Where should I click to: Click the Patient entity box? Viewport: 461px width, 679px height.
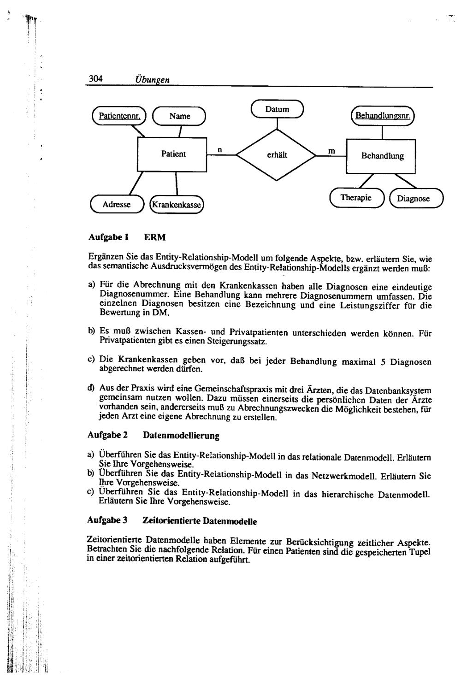tap(173, 154)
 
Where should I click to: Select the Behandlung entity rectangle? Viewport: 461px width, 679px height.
tap(382, 156)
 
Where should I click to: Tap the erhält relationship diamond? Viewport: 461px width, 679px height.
tap(277, 155)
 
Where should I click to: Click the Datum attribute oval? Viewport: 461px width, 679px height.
tap(277, 109)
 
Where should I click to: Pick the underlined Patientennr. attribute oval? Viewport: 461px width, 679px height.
tap(119, 115)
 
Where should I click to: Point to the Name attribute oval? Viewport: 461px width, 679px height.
tap(179, 116)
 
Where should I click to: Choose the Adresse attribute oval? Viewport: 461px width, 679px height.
tap(117, 204)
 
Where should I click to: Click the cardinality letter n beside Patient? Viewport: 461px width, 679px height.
tap(220, 150)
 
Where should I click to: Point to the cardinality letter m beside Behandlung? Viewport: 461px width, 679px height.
tap(331, 151)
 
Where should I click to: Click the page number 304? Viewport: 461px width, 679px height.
tap(95, 78)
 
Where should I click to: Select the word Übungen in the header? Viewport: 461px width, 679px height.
tap(152, 80)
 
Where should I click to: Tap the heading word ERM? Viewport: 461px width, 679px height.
tap(154, 237)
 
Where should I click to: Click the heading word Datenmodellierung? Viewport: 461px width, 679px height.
tap(181, 435)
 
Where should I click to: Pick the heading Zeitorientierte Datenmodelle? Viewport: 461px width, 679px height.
tap(200, 521)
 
